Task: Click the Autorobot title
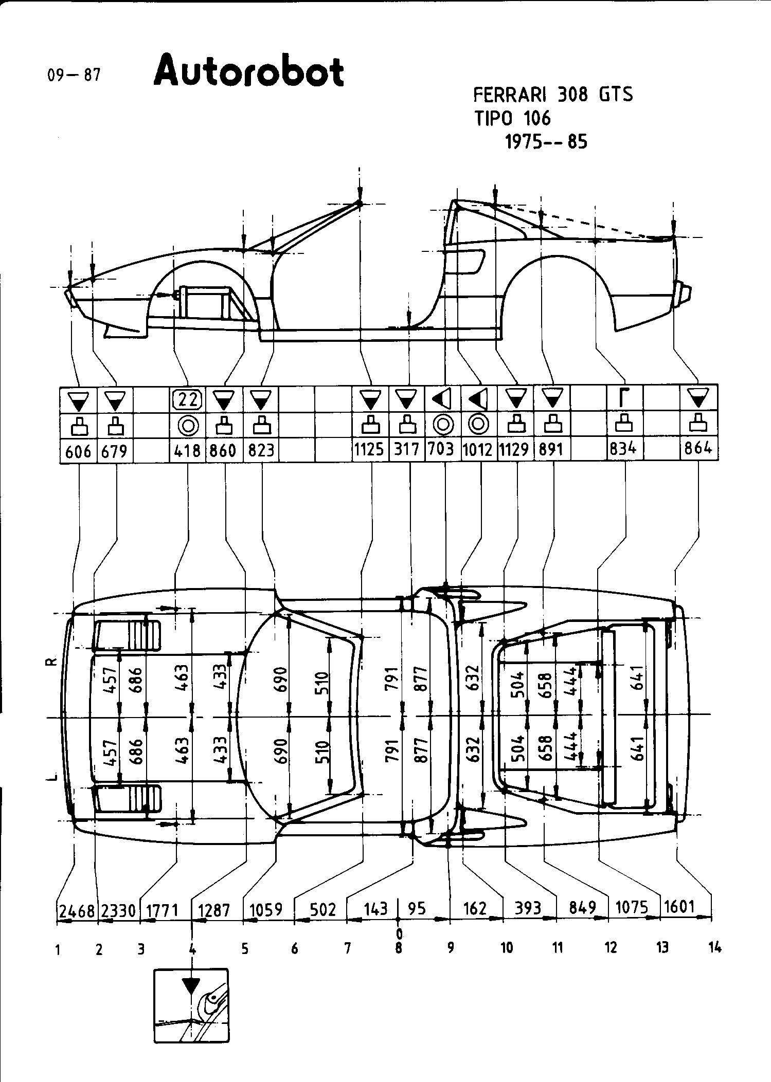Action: tap(248, 72)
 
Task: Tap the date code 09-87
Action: tap(74, 76)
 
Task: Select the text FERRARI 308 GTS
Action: tap(552, 95)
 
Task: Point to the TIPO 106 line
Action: tap(512, 119)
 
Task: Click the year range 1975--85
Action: tap(546, 141)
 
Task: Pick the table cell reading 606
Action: tap(78, 451)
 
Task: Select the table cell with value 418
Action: tap(187, 451)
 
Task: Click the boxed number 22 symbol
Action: tap(187, 399)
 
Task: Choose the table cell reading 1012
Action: tap(478, 450)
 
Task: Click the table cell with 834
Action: tap(623, 449)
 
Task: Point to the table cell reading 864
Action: tap(698, 449)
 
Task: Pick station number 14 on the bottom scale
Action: tap(714, 947)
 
